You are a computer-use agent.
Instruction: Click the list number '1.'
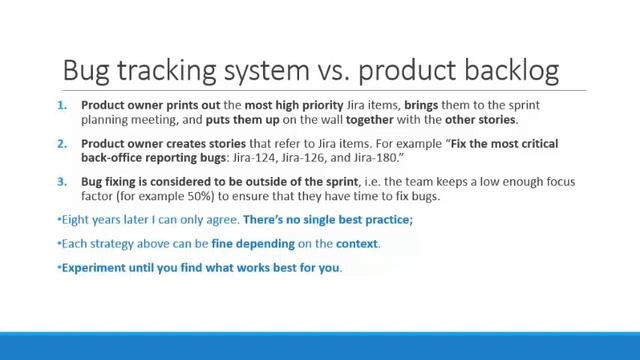click(62, 105)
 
